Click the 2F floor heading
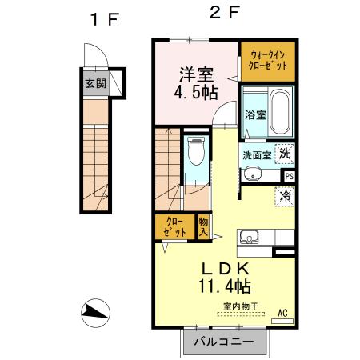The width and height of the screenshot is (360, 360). click(x=225, y=14)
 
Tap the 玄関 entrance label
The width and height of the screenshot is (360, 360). click(x=94, y=82)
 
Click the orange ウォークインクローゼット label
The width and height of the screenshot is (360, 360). click(x=267, y=59)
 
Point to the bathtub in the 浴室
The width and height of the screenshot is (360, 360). click(x=280, y=113)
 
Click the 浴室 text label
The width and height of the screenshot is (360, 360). click(x=254, y=115)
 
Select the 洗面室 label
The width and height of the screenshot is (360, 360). click(x=255, y=155)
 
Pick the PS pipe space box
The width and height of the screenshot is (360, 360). click(x=288, y=176)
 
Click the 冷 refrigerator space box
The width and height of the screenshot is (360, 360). click(x=284, y=194)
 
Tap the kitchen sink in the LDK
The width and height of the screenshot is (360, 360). click(x=248, y=238)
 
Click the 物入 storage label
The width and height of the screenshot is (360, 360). click(x=203, y=226)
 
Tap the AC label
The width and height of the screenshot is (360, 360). click(x=282, y=312)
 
